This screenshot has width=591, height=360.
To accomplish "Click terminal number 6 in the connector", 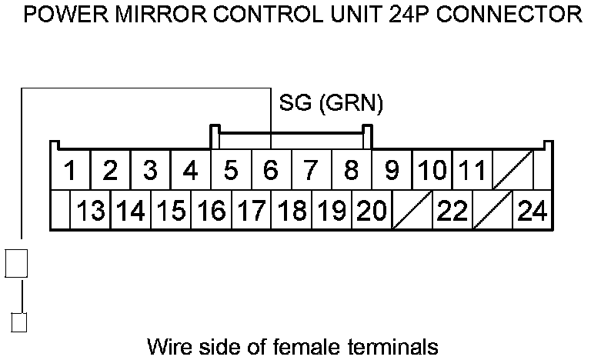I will (x=271, y=169).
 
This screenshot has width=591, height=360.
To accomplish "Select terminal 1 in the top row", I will (x=70, y=169).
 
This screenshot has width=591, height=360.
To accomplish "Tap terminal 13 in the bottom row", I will (x=91, y=209).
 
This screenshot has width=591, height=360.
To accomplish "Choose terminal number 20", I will (x=372, y=209).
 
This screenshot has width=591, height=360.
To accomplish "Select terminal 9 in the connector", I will (x=392, y=169).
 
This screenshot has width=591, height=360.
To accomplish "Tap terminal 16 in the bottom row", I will (x=211, y=209).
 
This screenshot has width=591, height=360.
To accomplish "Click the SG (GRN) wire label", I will (x=331, y=102).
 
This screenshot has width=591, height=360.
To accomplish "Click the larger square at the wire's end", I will (x=16, y=262).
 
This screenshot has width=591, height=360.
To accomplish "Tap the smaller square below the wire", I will (x=20, y=322).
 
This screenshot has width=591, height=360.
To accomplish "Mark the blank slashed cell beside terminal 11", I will (x=512, y=169).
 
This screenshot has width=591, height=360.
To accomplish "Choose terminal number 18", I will (x=292, y=209).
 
